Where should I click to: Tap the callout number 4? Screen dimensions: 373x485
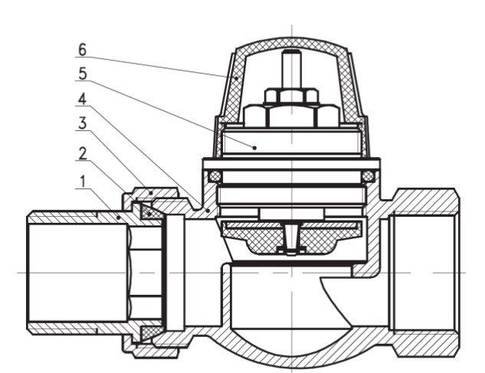coord(83,99)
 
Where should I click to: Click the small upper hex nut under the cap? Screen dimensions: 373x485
coord(292,96)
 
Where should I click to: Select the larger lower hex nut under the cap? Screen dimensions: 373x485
coord(292,116)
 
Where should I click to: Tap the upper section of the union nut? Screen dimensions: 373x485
coord(149,191)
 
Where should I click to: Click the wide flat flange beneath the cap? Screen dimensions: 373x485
coord(292,162)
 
